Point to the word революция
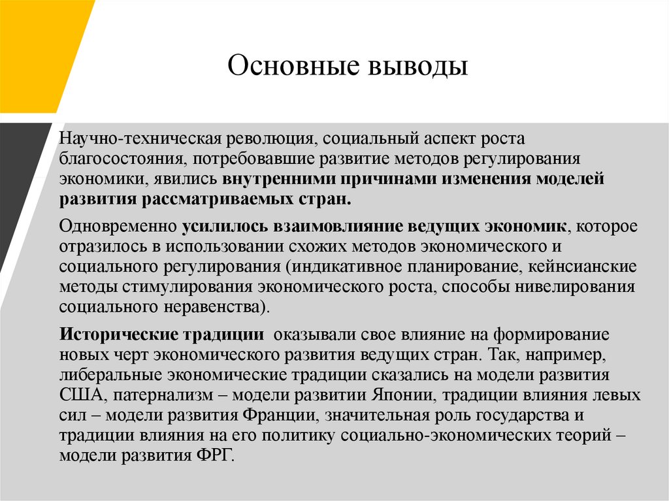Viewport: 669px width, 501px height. point(269,139)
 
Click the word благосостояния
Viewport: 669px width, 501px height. point(118,159)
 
